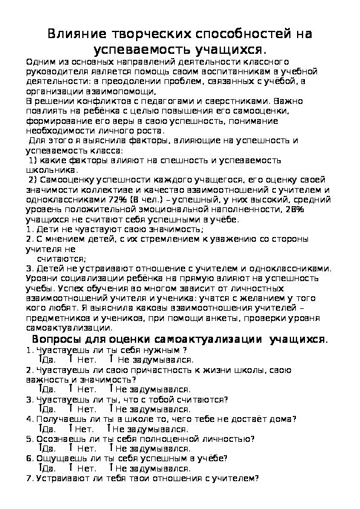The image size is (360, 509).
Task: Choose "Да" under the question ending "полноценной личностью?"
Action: click(x=50, y=449)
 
